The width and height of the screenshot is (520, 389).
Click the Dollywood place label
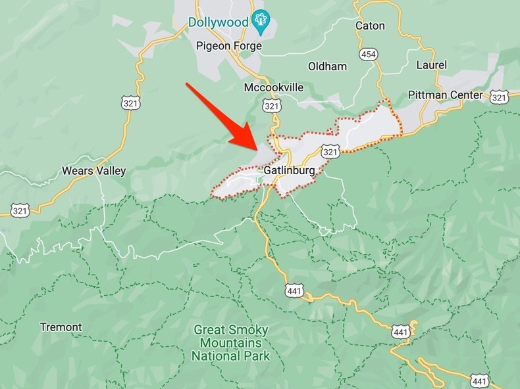coord(219,22)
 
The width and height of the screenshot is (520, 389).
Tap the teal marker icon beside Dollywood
coord(262,22)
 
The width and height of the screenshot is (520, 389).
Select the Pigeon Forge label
coord(229,46)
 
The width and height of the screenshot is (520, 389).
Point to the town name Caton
coord(369,26)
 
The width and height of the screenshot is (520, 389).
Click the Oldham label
coord(327,66)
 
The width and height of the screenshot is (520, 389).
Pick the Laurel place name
coord(432,65)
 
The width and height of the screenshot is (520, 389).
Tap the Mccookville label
coord(274,87)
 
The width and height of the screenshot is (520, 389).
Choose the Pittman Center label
coord(446,95)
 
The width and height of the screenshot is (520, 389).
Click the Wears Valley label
coord(93,171)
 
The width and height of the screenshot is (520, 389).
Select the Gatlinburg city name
coord(290,170)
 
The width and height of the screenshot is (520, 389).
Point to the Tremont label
coord(61,327)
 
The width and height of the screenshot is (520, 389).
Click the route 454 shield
coord(369,54)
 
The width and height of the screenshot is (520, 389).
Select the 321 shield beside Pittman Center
coord(500,97)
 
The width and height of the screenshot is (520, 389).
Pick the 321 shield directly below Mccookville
coord(271,106)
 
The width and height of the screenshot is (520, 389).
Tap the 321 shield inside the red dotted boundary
coord(330,152)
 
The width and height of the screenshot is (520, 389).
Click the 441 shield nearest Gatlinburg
coord(294,290)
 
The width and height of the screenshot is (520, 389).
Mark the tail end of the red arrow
coord(188,84)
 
